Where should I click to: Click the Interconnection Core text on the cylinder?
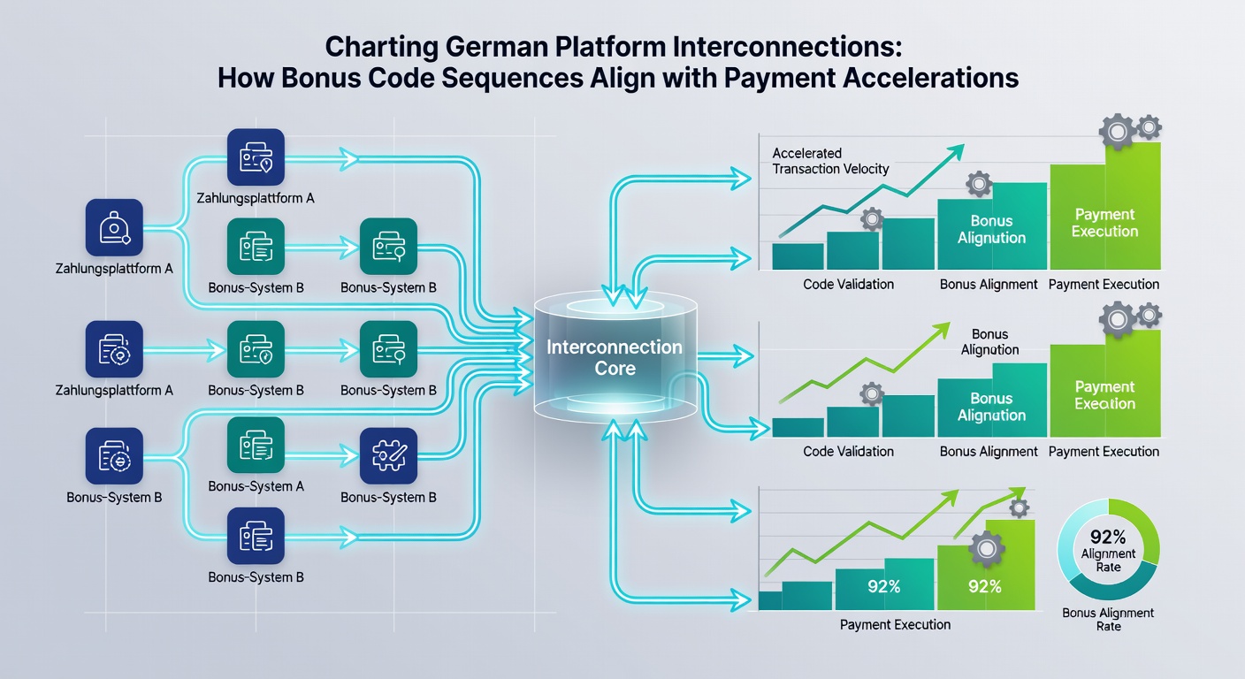pos(615,357)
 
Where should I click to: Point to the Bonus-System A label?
pos(256,486)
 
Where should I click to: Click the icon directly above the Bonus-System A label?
pos(256,445)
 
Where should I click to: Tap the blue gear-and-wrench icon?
pos(388,455)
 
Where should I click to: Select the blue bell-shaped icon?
pos(114,227)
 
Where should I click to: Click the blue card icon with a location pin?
pos(256,157)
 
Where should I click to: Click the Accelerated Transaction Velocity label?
pos(830,161)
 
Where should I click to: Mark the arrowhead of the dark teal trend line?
pos(957,151)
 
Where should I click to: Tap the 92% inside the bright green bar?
pos(985,586)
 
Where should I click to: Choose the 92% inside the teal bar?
pos(883,586)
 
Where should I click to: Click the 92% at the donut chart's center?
pos(1108,537)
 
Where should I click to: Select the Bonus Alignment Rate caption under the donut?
pos(1108,620)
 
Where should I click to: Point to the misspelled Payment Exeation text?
pos(1104,395)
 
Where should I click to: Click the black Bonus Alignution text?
pos(989,342)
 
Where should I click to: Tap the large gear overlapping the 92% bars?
pos(987,549)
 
